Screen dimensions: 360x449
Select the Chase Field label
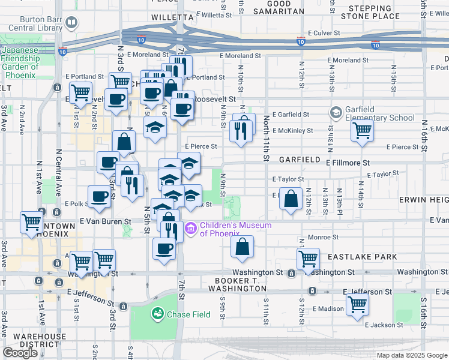point(188,314)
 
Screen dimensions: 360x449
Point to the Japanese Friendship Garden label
point(20,58)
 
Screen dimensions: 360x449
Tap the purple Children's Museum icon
point(191,229)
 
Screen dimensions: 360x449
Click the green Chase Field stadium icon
point(158,314)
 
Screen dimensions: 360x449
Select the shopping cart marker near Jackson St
point(357,304)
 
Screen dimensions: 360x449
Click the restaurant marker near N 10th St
point(241,130)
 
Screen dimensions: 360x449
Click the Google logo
point(20,353)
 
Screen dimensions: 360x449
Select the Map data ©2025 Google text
point(411,355)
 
